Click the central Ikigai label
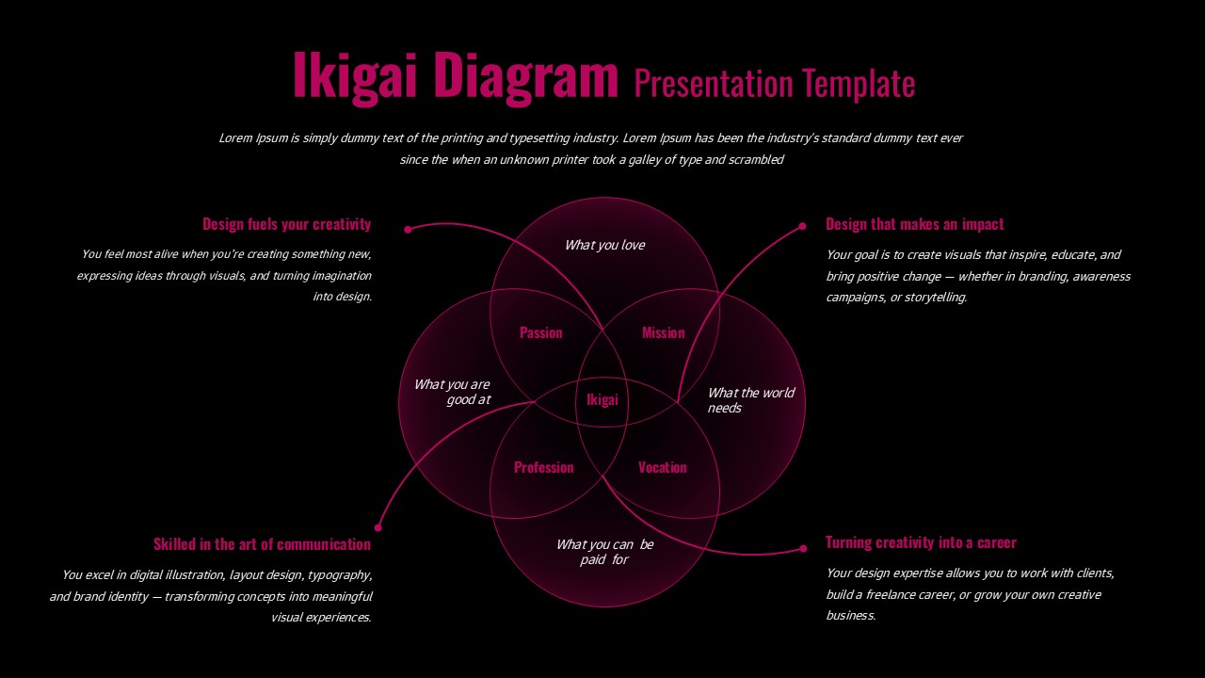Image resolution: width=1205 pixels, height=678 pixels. (602, 400)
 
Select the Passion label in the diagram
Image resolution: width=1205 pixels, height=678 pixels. (541, 332)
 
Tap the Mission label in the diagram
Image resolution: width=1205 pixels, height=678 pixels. (664, 332)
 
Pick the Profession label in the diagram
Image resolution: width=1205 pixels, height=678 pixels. (543, 467)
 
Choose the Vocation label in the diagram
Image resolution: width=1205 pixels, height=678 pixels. (663, 467)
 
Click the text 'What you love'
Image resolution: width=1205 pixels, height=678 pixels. (604, 245)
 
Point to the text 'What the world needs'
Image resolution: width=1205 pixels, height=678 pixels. (750, 400)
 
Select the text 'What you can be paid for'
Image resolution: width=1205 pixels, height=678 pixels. (604, 552)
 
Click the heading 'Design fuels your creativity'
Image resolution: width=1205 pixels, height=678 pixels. (286, 224)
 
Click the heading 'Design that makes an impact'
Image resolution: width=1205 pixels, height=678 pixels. (915, 224)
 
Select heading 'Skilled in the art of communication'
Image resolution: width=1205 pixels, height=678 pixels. (262, 544)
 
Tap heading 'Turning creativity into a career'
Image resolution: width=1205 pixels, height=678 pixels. (921, 542)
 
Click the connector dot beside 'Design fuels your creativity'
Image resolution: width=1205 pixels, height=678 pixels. (408, 229)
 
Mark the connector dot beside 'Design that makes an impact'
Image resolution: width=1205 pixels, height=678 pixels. (802, 226)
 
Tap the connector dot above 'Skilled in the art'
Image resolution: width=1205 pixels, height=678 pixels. (378, 527)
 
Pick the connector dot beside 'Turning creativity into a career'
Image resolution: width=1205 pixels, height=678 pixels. (803, 548)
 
